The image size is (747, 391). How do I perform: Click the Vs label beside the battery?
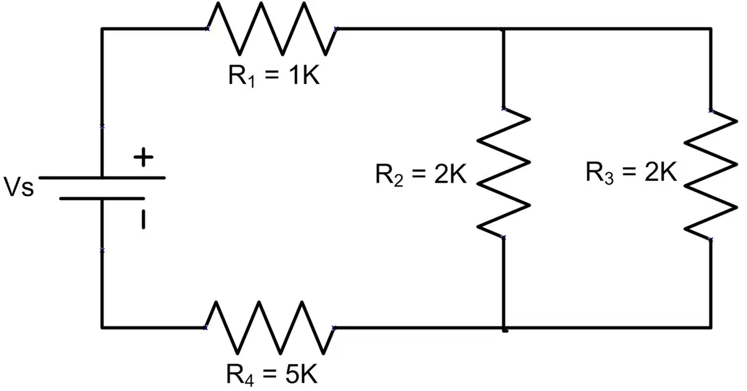(x=19, y=186)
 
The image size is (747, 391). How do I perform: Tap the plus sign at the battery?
(x=143, y=157)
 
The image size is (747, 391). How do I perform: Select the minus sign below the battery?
(x=143, y=219)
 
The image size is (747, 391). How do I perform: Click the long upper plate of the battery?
(x=102, y=178)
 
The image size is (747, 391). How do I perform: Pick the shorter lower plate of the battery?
(x=102, y=199)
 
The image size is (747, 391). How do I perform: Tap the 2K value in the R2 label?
(x=450, y=174)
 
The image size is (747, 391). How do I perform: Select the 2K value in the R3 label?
(x=661, y=172)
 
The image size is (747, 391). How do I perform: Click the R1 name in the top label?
(x=242, y=76)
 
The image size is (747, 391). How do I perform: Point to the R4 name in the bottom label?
(x=240, y=375)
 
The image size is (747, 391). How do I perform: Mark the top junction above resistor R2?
(x=503, y=29)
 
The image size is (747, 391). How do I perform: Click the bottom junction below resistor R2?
(x=504, y=328)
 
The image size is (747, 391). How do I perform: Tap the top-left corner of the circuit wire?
(x=102, y=29)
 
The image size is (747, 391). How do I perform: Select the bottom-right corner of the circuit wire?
(x=710, y=328)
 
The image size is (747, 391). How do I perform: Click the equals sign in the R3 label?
(x=629, y=173)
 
